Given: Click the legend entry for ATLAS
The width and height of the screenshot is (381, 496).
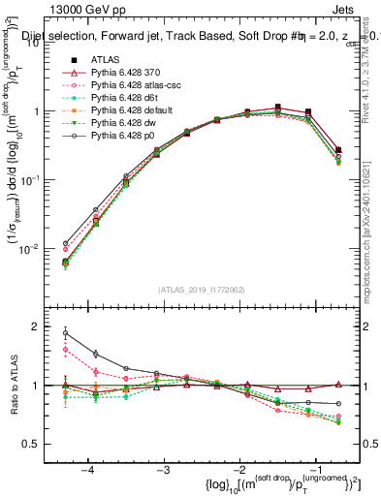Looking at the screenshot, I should click(107, 60).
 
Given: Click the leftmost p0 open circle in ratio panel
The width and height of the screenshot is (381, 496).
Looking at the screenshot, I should click(66, 333).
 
